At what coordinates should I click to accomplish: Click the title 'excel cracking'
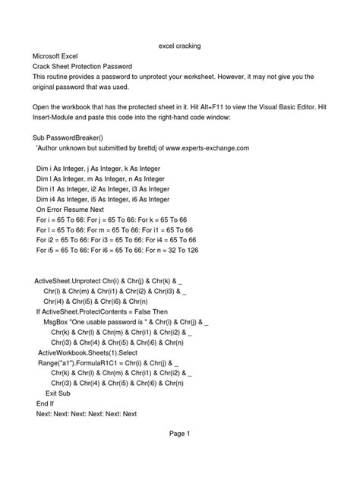pos(179,46)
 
